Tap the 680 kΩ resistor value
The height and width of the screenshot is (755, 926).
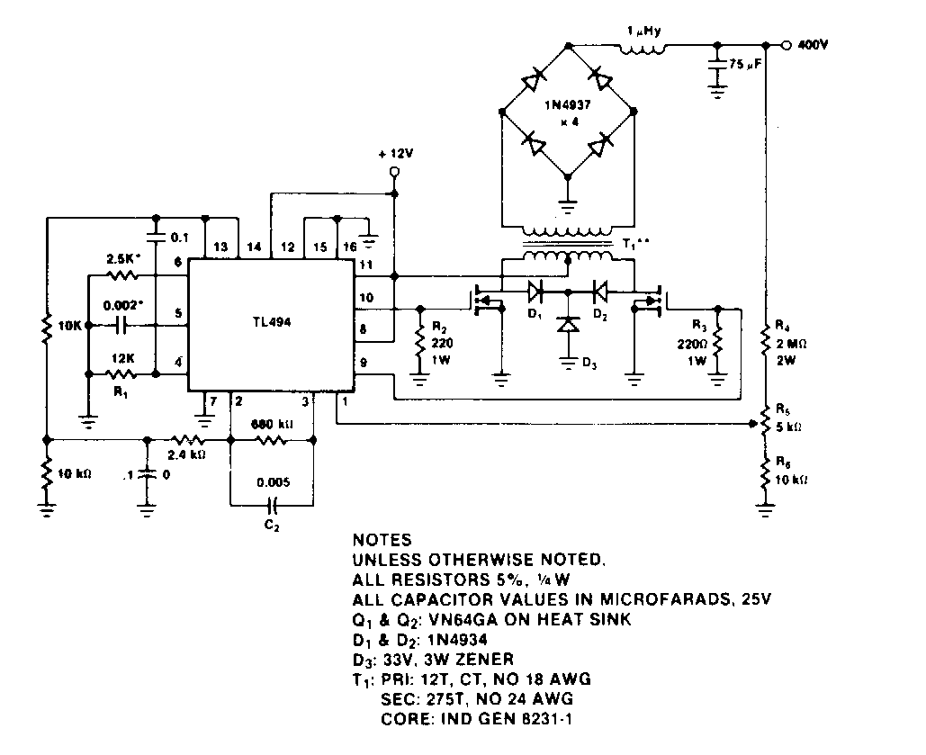pyautogui.click(x=273, y=423)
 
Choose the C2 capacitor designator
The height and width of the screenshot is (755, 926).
pyautogui.click(x=273, y=527)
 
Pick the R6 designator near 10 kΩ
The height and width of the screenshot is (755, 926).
pyautogui.click(x=781, y=463)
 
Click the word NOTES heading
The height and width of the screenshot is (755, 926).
pyautogui.click(x=382, y=541)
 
